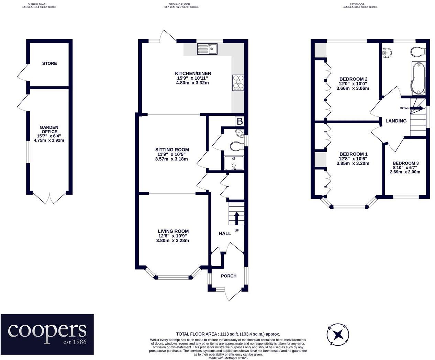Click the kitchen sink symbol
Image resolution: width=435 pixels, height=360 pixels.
(207, 49)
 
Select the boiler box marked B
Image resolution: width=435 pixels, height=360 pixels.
(239, 121)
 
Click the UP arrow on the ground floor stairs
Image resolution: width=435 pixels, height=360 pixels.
(237, 218)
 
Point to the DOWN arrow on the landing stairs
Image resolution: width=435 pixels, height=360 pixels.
(416, 108)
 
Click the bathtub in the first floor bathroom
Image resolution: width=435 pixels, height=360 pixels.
(418, 78)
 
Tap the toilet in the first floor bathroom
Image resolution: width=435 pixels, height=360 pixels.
(418, 52)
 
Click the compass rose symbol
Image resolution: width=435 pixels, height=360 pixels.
(338, 334)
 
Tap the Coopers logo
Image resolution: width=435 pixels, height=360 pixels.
(47, 334)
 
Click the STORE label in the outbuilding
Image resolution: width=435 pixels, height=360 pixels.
(49, 64)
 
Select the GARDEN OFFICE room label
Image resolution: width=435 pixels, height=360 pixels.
(49, 130)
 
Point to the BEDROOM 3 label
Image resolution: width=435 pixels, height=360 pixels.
(405, 163)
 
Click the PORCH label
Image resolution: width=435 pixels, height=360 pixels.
(228, 276)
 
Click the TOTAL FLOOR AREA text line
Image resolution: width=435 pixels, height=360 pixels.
(228, 334)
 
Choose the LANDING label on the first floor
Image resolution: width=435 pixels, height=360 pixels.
(396, 121)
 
